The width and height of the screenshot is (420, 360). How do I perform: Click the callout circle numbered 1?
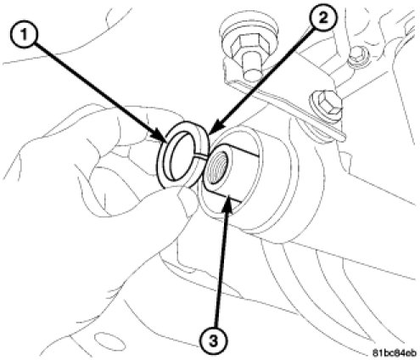(25, 36)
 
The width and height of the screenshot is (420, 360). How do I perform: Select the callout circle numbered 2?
(323, 18)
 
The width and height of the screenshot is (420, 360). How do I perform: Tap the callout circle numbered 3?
(214, 341)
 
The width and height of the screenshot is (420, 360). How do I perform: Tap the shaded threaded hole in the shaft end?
(217, 167)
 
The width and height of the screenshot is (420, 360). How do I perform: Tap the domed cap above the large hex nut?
(249, 24)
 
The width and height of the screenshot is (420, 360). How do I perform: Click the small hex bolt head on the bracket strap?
(326, 104)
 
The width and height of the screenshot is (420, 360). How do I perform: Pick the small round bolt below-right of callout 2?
(359, 57)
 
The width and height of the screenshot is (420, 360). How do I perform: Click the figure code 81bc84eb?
(395, 353)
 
